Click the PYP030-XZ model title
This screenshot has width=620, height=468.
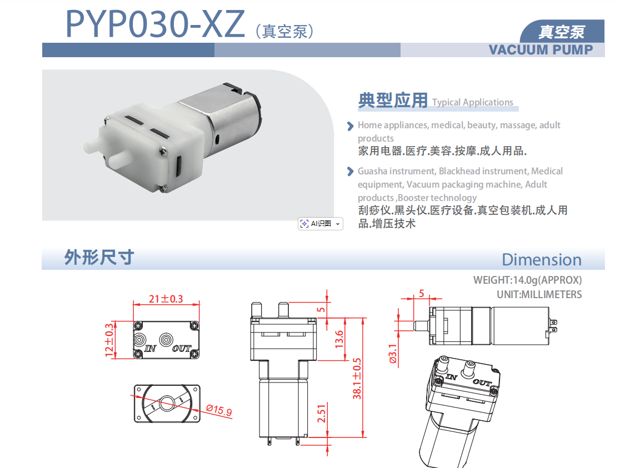(x=155, y=24)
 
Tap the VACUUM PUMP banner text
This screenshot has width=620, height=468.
(x=541, y=50)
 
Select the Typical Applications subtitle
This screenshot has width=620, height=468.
(x=473, y=102)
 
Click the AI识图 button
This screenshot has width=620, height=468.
(x=321, y=224)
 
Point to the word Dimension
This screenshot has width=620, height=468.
(x=542, y=260)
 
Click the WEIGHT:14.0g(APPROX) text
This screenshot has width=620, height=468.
(x=527, y=280)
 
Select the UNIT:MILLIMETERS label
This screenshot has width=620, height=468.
(x=539, y=294)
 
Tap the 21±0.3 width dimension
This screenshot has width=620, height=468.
(x=166, y=299)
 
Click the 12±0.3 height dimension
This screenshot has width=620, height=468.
(x=109, y=340)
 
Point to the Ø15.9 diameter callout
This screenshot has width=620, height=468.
(x=219, y=410)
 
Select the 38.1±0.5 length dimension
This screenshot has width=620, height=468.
(x=357, y=378)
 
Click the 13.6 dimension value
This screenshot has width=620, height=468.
(x=339, y=339)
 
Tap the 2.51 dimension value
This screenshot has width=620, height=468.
(x=322, y=414)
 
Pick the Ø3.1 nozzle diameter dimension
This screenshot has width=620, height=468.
(x=392, y=354)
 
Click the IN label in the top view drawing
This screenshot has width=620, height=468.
(x=150, y=349)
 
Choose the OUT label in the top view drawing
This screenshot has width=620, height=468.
(x=182, y=349)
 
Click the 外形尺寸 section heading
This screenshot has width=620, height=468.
(x=99, y=258)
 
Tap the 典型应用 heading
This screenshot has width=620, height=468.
(x=393, y=100)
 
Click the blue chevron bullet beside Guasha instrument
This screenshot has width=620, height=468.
(x=350, y=172)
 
